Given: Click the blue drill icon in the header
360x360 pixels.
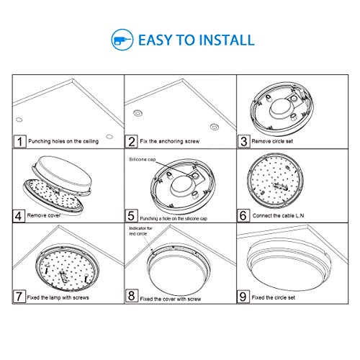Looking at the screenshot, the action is click(x=122, y=40).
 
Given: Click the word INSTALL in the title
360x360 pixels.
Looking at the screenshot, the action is click(x=227, y=40).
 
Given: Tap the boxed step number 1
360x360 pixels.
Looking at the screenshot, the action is click(x=19, y=142).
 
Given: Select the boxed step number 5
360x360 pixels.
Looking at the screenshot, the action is click(x=131, y=215).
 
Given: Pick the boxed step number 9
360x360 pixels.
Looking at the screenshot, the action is click(x=243, y=297).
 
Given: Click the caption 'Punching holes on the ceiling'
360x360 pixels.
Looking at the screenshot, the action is click(x=63, y=141).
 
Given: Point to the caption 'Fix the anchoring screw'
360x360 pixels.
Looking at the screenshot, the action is click(x=170, y=141).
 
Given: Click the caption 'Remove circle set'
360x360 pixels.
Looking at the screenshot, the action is click(x=272, y=141).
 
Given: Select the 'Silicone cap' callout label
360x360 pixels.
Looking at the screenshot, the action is click(x=143, y=159).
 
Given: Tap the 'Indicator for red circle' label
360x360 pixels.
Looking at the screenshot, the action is click(x=140, y=231).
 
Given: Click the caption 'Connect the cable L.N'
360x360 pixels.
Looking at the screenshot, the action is click(x=278, y=215).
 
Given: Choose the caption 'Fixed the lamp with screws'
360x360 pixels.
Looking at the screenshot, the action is click(x=58, y=297).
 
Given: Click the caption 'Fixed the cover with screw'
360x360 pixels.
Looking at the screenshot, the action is click(x=171, y=299).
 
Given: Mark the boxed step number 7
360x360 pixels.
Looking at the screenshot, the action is click(x=19, y=297).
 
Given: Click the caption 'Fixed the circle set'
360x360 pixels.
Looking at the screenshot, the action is click(x=274, y=297).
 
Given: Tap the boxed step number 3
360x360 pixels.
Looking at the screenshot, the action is click(x=244, y=142).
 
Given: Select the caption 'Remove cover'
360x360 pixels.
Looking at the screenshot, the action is click(x=44, y=215).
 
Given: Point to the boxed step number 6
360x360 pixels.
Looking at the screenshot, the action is click(x=243, y=215).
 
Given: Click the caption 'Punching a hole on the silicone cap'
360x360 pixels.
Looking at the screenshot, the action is click(x=174, y=218).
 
